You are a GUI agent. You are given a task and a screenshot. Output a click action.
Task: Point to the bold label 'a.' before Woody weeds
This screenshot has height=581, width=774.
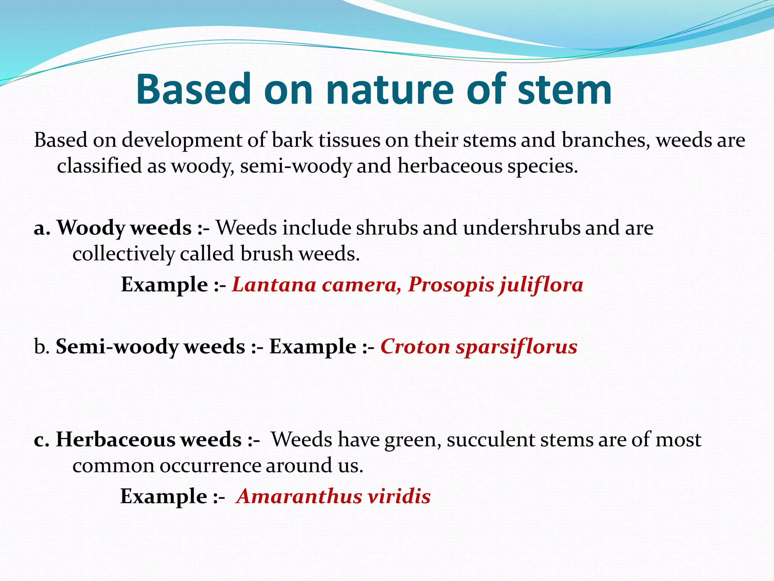point(42,228)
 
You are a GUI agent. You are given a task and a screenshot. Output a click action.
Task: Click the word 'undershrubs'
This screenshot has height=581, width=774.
point(522,228)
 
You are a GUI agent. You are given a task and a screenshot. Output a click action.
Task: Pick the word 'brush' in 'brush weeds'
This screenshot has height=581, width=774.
point(267,253)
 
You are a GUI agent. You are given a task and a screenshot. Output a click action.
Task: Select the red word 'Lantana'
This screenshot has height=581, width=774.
point(274,284)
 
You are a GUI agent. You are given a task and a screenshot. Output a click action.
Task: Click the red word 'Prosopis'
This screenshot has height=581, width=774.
point(451,284)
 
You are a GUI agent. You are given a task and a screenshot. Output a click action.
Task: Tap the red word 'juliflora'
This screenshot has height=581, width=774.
point(541,284)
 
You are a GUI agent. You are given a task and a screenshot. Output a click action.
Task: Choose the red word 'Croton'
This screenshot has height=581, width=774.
point(415,346)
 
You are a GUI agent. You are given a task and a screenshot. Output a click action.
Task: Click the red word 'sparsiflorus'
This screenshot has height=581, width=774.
point(517,346)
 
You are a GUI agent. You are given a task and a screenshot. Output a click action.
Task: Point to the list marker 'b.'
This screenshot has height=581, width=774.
point(42,346)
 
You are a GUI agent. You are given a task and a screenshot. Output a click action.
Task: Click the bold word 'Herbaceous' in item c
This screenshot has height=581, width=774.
point(115,440)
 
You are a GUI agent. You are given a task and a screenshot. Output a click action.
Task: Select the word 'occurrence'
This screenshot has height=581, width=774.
point(210,465)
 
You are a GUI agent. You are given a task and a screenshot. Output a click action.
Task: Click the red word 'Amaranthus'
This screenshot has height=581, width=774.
point(299,496)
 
